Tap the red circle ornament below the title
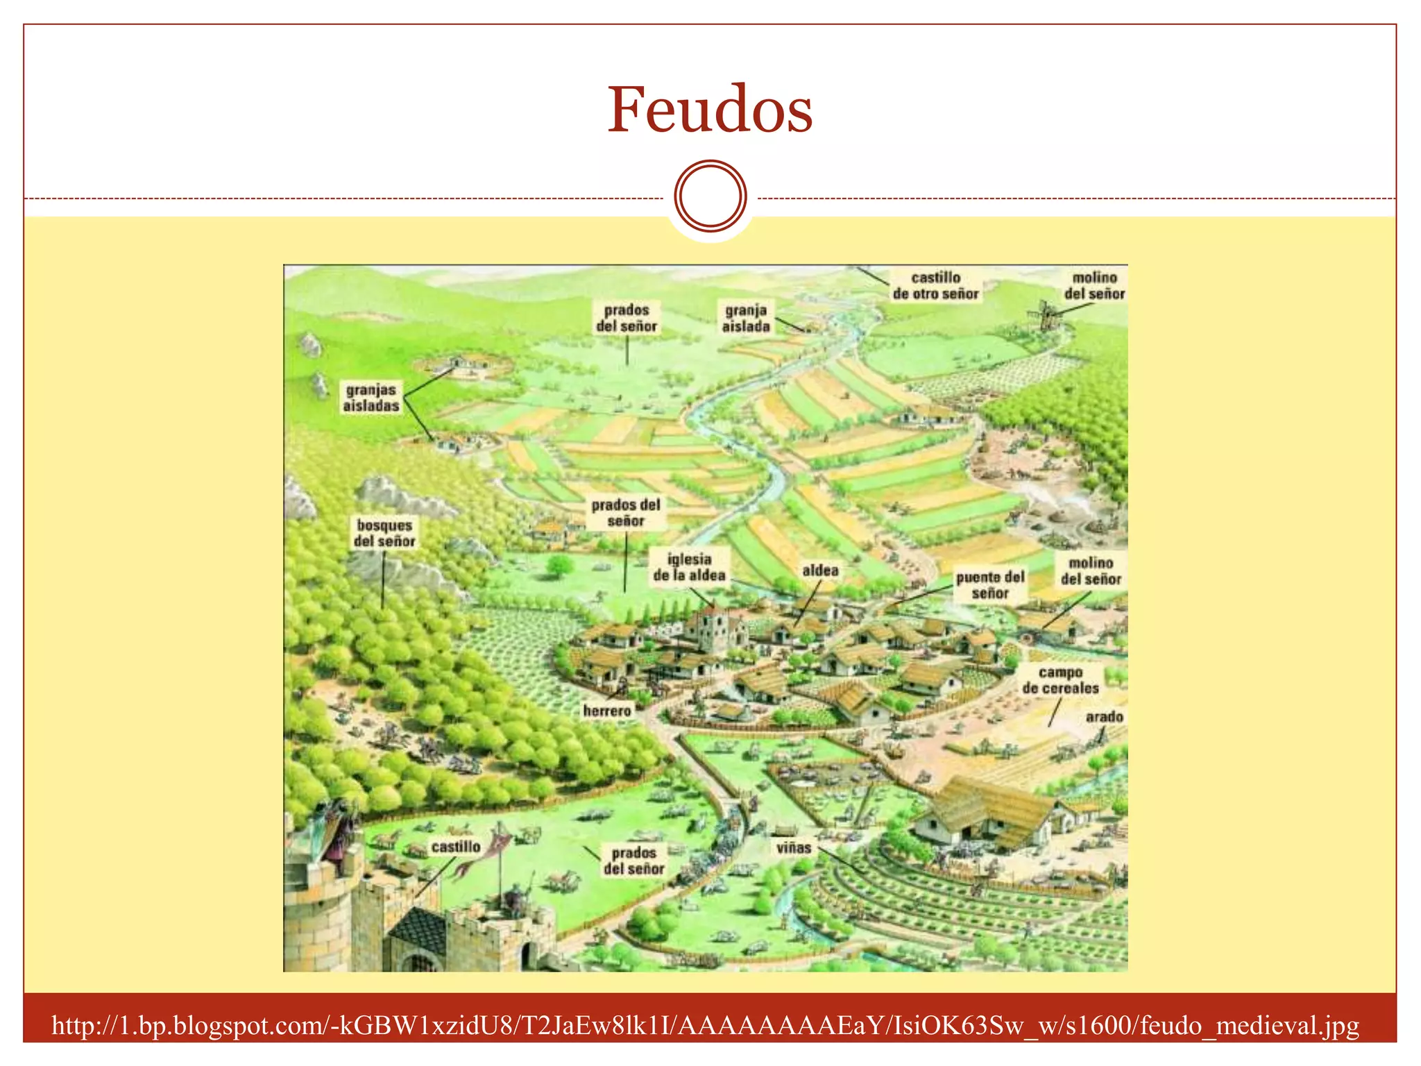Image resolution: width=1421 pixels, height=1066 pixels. pos(710,196)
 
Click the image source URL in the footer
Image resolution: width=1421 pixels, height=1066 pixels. pos(705,1025)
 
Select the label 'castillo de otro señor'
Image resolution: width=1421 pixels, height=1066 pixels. pos(935,286)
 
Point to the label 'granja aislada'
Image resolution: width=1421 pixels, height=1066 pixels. pos(746,318)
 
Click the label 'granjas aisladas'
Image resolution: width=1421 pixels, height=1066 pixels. pos(371,398)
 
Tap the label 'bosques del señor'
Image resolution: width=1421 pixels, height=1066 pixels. pos(384,533)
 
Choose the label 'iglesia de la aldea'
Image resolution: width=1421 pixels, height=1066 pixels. pos(689,567)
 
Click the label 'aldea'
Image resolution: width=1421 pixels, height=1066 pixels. pos(820,570)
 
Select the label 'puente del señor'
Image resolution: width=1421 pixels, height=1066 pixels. pos(990,585)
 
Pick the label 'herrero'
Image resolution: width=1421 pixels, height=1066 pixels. pos(607,711)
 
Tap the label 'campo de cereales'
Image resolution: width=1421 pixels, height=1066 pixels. pos(1060,680)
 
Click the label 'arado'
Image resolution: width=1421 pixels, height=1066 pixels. pos(1104,716)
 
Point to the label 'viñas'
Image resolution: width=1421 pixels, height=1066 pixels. pos(794,847)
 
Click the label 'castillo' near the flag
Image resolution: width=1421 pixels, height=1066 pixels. pos(456,847)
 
